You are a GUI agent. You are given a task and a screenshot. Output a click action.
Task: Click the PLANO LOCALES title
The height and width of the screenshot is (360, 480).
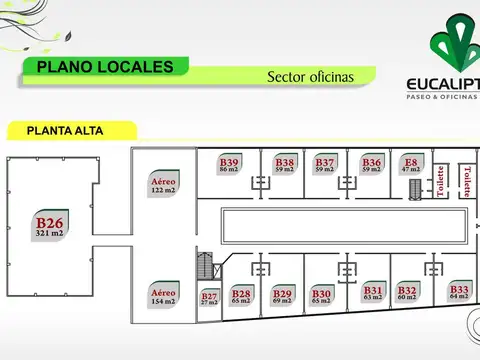coord(98,67)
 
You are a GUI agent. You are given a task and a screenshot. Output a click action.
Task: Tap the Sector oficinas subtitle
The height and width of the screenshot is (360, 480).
coord(310,76)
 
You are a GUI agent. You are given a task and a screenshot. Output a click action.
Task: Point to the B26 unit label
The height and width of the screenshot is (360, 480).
coord(50,226)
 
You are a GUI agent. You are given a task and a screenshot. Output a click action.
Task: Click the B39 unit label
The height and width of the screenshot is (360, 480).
coord(229,166)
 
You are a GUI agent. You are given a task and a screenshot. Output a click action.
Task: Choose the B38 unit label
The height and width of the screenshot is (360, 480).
coord(285,166)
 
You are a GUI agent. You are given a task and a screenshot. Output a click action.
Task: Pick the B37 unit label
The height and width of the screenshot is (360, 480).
coord(325,166)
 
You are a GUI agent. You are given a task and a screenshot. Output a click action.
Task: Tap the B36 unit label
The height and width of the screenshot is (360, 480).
coord(372,166)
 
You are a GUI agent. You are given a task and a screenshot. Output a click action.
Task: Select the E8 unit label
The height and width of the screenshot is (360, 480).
coord(411,166)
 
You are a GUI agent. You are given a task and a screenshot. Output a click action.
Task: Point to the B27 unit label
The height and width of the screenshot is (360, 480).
coord(209,298)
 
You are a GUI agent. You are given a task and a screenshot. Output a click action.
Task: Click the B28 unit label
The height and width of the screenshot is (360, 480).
coord(241,296)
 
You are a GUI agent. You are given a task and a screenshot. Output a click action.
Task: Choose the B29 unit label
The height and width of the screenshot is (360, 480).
coord(282,296)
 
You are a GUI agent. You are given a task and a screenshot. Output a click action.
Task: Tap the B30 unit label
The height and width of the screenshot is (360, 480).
coord(321,296)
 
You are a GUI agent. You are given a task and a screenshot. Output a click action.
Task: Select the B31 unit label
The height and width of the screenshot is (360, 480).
coord(373,293)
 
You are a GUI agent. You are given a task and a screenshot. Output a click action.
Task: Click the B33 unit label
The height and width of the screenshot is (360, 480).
coord(459,293)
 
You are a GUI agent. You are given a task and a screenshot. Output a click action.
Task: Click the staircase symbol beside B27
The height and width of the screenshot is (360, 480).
coord(207,267)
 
